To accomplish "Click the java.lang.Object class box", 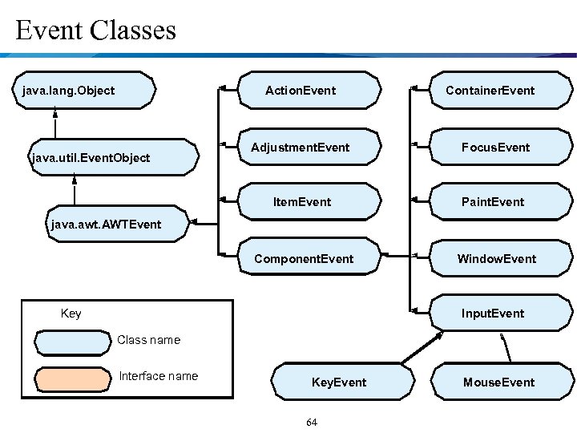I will pos(87,90).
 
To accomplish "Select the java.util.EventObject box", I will pos(112,157).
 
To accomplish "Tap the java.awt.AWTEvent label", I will pos(106,225).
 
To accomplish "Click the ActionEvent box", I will pos(309,90).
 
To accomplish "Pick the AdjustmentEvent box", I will pos(309,148).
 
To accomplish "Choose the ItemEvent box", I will pos(309,201).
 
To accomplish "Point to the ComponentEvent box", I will pos(309,258).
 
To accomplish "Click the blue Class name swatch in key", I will pos(71,342).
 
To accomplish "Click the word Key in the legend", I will pos(71,314).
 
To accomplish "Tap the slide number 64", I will pos(312,422).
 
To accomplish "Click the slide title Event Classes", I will pos(95,30).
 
